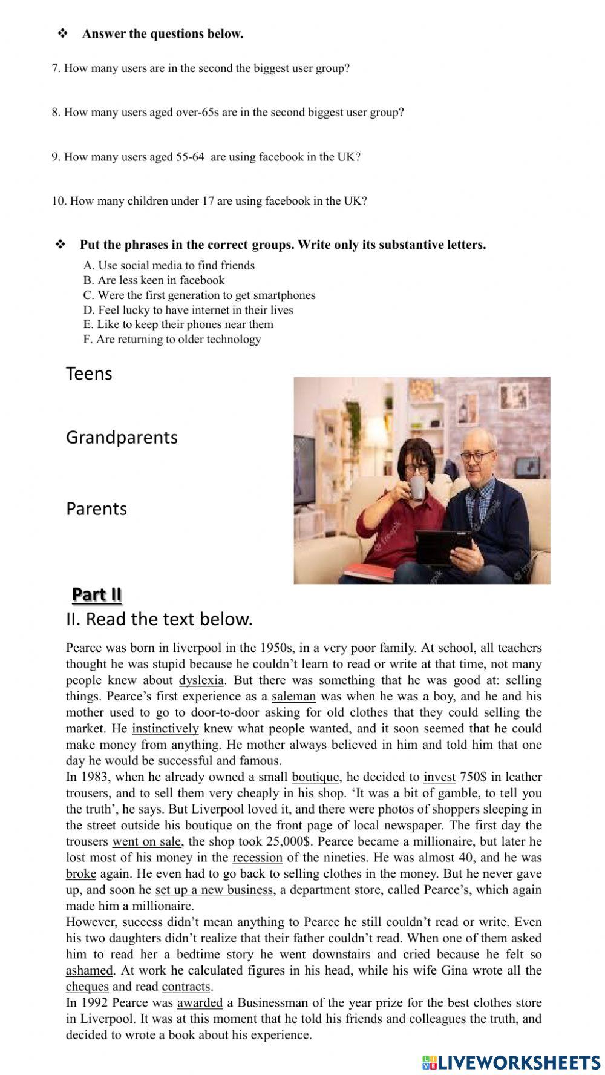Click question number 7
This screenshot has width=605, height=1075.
pos(200,68)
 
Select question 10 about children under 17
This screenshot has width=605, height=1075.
pos(209,201)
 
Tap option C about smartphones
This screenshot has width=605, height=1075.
pos(199,295)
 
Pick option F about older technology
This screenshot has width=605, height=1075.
pos(172,340)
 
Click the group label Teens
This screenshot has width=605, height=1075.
pos(89,373)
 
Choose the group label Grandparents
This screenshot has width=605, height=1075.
pos(122,438)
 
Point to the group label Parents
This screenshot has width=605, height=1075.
pos(96,509)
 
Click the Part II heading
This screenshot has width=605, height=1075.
pos(97,595)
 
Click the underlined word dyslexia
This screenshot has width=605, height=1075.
pos(201,680)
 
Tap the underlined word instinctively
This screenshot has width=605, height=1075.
pos(165,729)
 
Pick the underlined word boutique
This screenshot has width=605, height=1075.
pos(316,777)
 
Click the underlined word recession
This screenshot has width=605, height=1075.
pos(257,858)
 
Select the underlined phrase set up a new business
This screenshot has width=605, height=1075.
pos(214,890)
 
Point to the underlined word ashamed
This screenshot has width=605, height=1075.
pos(89,971)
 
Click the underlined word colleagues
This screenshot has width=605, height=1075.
pos(437,1019)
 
